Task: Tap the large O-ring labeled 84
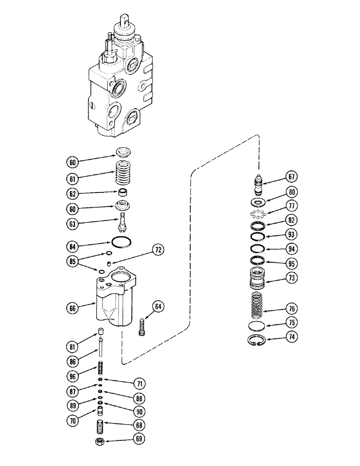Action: pos(122,243)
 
